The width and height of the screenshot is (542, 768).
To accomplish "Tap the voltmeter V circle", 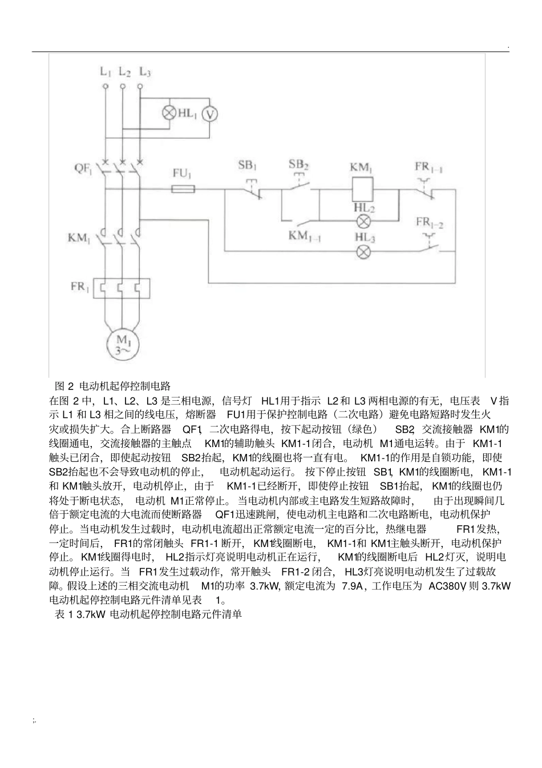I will pos(210,114).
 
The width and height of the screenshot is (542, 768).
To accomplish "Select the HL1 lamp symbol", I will pos(169,112).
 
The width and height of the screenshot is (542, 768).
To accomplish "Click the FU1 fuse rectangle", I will pos(183,189).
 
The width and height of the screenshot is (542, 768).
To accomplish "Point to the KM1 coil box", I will pos(361,188).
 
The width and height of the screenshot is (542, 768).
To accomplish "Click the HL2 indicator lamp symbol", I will pos(364,222).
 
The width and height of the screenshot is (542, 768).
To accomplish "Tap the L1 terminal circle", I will pos(105,86).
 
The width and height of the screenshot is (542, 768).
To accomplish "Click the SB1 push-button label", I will pos(246,166).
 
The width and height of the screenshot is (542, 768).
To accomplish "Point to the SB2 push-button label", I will pos(298,165).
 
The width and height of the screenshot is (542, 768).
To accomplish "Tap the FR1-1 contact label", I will pos(429,167).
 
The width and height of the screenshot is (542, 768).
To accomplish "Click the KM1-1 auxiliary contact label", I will pos(305,235).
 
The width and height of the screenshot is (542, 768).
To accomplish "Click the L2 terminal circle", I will pos(122,86).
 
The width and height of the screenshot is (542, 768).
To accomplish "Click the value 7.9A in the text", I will pos(352,586).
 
